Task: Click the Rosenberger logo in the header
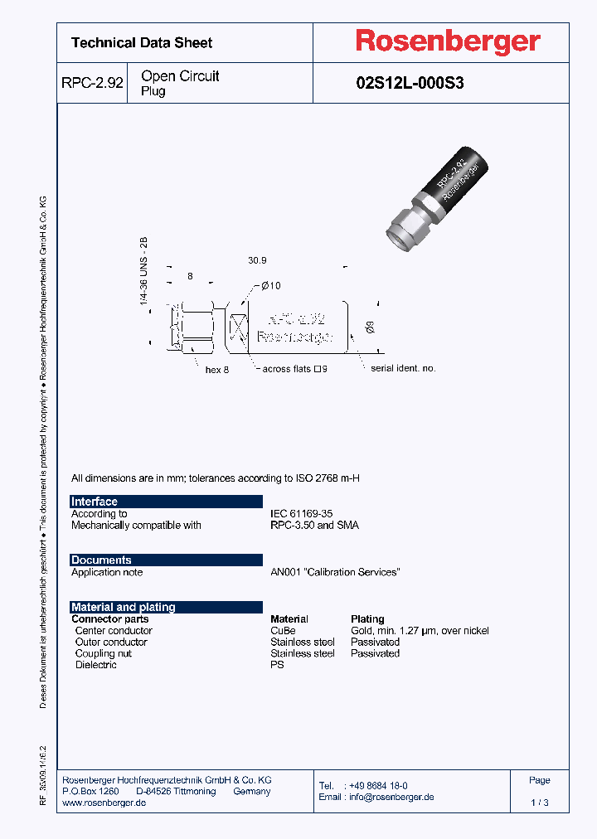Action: [x=448, y=42]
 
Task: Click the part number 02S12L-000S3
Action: [x=410, y=83]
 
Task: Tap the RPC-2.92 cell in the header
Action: [x=92, y=83]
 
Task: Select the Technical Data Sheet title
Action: [x=142, y=42]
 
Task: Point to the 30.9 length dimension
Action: [x=257, y=260]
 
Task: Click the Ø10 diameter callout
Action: [x=270, y=286]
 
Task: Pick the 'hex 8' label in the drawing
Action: [x=216, y=370]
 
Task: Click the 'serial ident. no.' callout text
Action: [x=403, y=368]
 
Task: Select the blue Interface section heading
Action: [x=95, y=502]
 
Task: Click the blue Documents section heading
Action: [x=101, y=560]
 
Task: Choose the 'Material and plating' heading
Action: [x=124, y=607]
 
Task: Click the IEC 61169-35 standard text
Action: [x=301, y=514]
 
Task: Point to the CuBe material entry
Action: [x=283, y=631]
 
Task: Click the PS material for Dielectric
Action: [x=277, y=665]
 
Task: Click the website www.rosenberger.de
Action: [x=104, y=803]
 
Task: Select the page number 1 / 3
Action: [x=539, y=803]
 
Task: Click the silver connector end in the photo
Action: [x=407, y=227]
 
